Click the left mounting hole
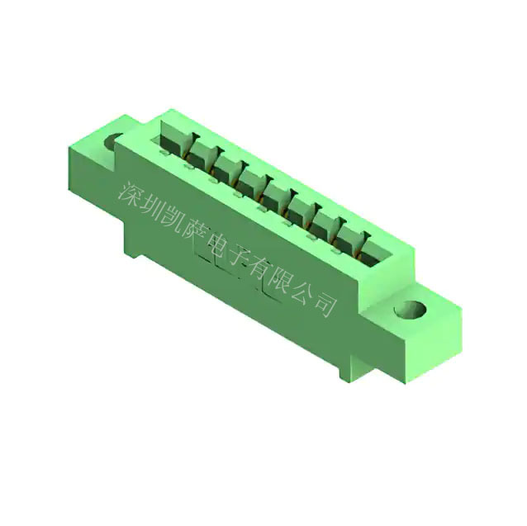click(112, 141)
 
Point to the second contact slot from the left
click(201, 148)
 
